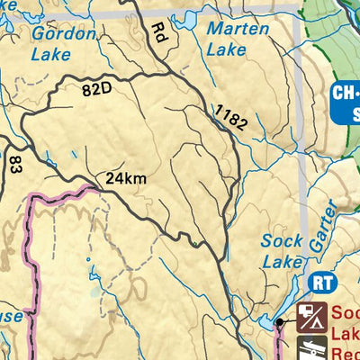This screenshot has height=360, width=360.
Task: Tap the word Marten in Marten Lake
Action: (238, 29)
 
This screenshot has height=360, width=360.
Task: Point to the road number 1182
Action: (230, 118)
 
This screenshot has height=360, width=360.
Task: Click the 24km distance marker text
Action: (124, 179)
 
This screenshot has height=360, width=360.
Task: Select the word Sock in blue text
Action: (282, 241)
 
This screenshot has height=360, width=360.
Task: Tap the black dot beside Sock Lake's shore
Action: (281, 321)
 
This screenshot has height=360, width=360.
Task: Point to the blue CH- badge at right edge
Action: (345, 93)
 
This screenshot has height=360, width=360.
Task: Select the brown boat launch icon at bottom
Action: (311, 348)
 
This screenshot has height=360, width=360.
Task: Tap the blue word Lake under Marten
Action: (220, 49)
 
